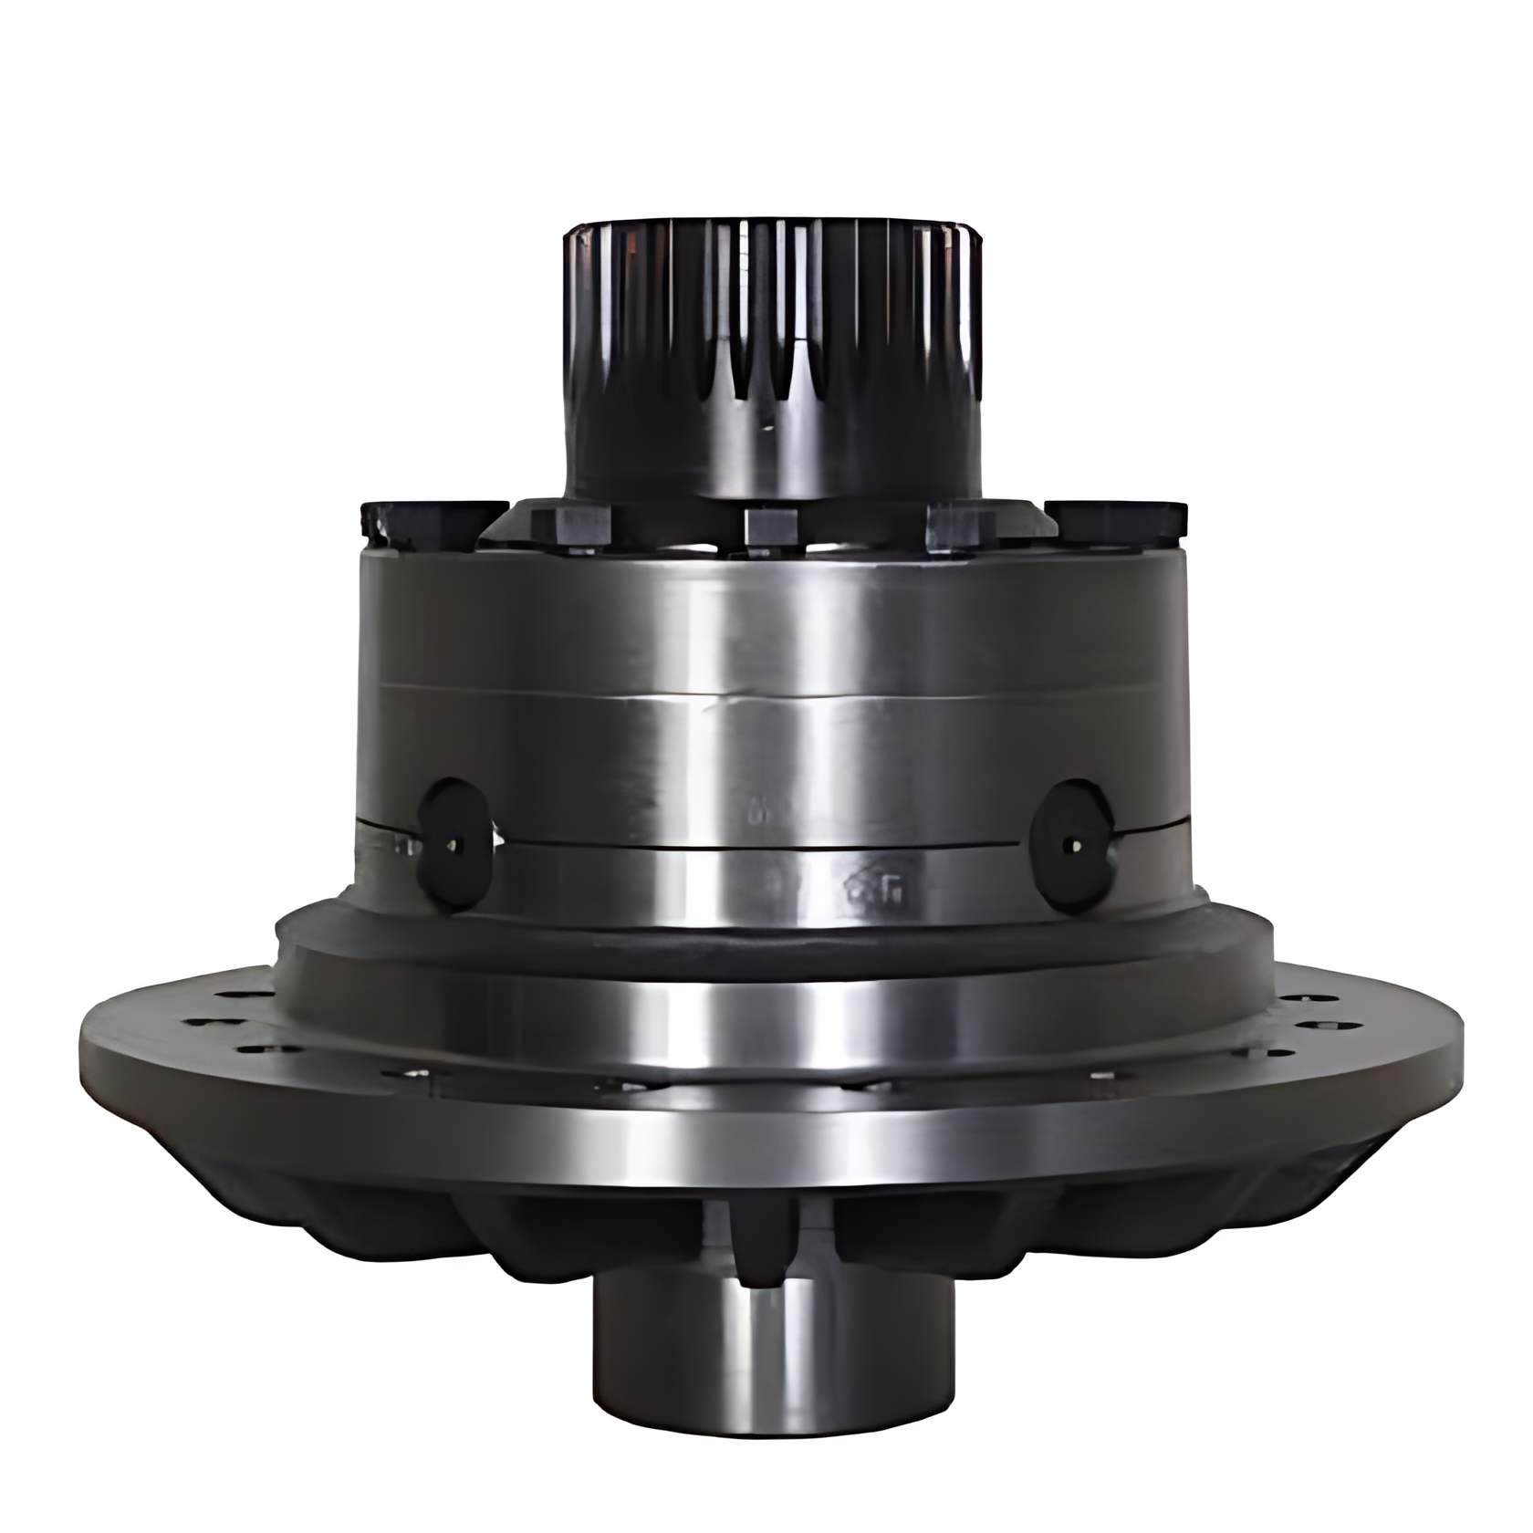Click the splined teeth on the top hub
tap(771, 319)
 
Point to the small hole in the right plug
tap(1078, 845)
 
